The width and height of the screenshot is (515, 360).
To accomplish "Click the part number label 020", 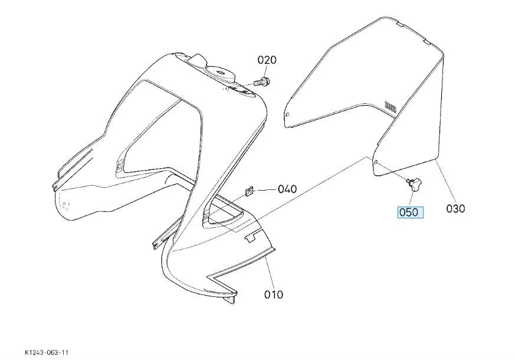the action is click(x=267, y=60).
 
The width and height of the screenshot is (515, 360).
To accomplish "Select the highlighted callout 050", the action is click(x=410, y=212).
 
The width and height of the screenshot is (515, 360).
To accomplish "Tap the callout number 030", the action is click(x=455, y=208).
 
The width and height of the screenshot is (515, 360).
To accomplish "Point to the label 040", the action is click(x=287, y=189).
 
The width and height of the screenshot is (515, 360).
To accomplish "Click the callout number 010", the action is click(x=274, y=294).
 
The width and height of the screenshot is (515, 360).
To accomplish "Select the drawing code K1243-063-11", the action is click(x=47, y=352).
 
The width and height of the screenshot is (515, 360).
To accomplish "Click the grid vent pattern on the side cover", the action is click(x=391, y=106).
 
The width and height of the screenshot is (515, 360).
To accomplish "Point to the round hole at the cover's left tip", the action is click(x=288, y=115).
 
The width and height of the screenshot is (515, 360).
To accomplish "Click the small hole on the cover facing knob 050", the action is click(x=376, y=162).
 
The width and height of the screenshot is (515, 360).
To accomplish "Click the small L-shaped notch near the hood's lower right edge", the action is click(x=250, y=237).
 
